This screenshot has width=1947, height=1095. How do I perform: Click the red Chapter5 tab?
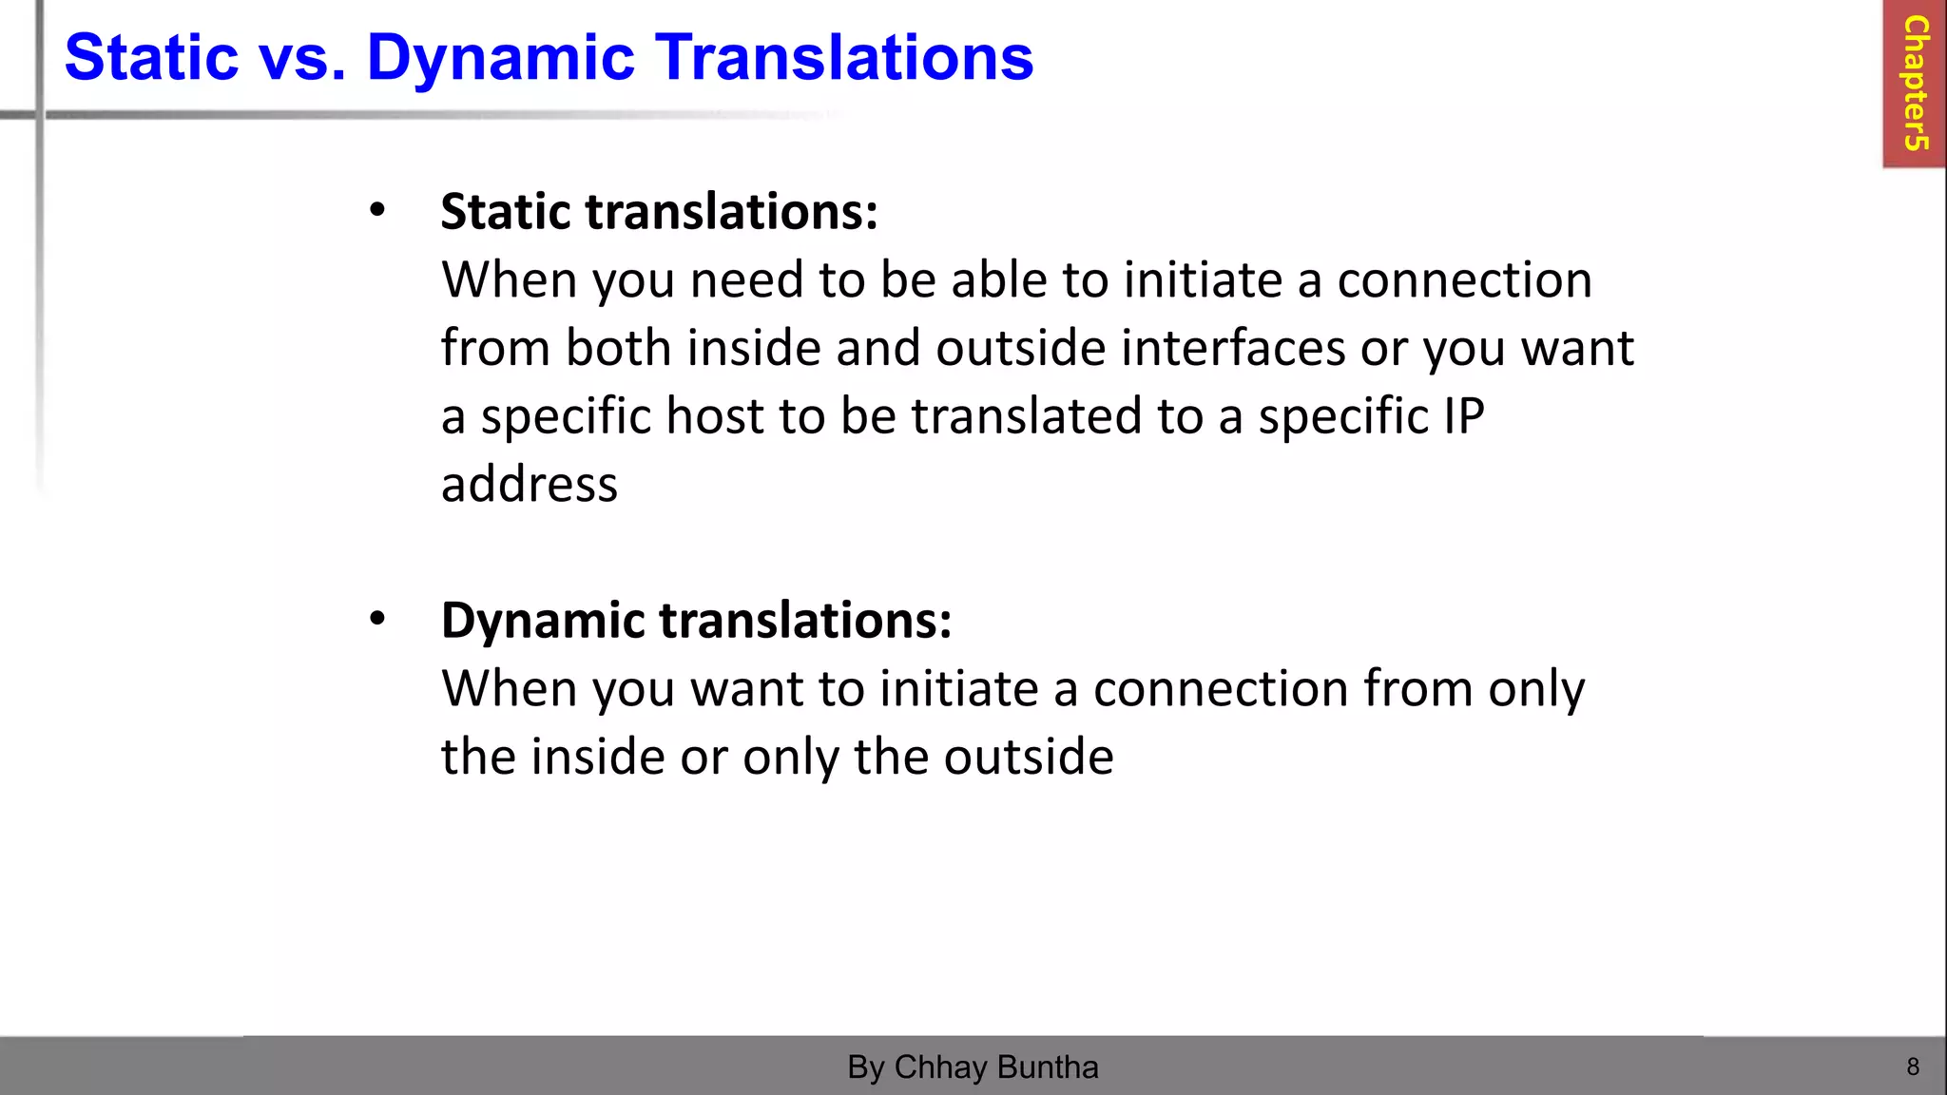[1915, 84]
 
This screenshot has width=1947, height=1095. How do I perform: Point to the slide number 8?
[1913, 1066]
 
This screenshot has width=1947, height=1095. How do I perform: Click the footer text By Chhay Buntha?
[973, 1066]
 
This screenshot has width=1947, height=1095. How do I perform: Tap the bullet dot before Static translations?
[377, 211]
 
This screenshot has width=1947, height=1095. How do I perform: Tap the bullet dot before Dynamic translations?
[377, 620]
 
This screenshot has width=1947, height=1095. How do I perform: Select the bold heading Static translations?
[659, 211]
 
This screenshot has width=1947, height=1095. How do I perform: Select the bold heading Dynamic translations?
[696, 620]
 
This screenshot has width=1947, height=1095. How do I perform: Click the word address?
[530, 484]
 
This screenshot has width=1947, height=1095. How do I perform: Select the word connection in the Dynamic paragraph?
[1221, 688]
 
